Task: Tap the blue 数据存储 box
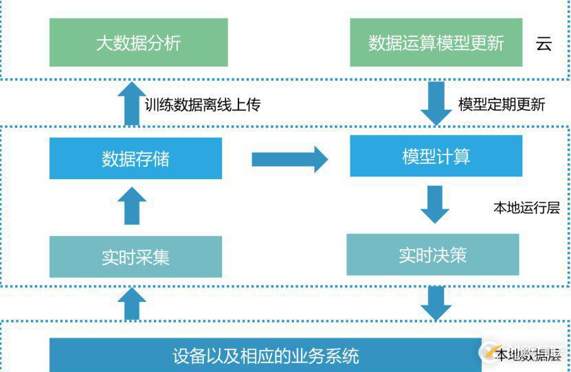pyautogui.click(x=135, y=159)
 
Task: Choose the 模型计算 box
pyautogui.click(x=436, y=156)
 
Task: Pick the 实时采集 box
pyautogui.click(x=135, y=257)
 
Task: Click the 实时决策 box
pyautogui.click(x=432, y=255)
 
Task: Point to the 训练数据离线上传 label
pyautogui.click(x=203, y=104)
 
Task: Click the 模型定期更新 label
pyautogui.click(x=502, y=104)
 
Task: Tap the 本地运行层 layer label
pyautogui.click(x=526, y=207)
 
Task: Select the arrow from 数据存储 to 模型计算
pyautogui.click(x=289, y=159)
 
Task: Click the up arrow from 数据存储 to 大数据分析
pyautogui.click(x=131, y=104)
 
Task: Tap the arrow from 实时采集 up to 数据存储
pyautogui.click(x=131, y=206)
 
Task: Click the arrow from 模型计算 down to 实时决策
pyautogui.click(x=434, y=205)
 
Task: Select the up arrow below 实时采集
pyautogui.click(x=131, y=303)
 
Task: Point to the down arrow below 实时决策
pyautogui.click(x=434, y=303)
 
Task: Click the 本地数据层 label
pyautogui.click(x=529, y=355)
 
